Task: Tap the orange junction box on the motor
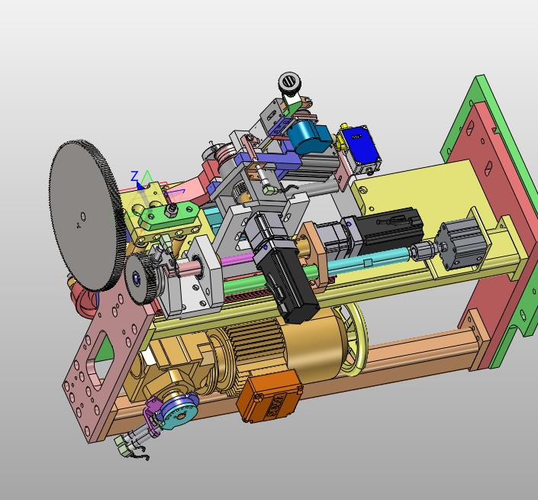[x=269, y=395]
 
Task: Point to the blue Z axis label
[x=134, y=176]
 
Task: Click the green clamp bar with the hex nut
[x=170, y=215]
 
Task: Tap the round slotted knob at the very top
[x=289, y=82]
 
